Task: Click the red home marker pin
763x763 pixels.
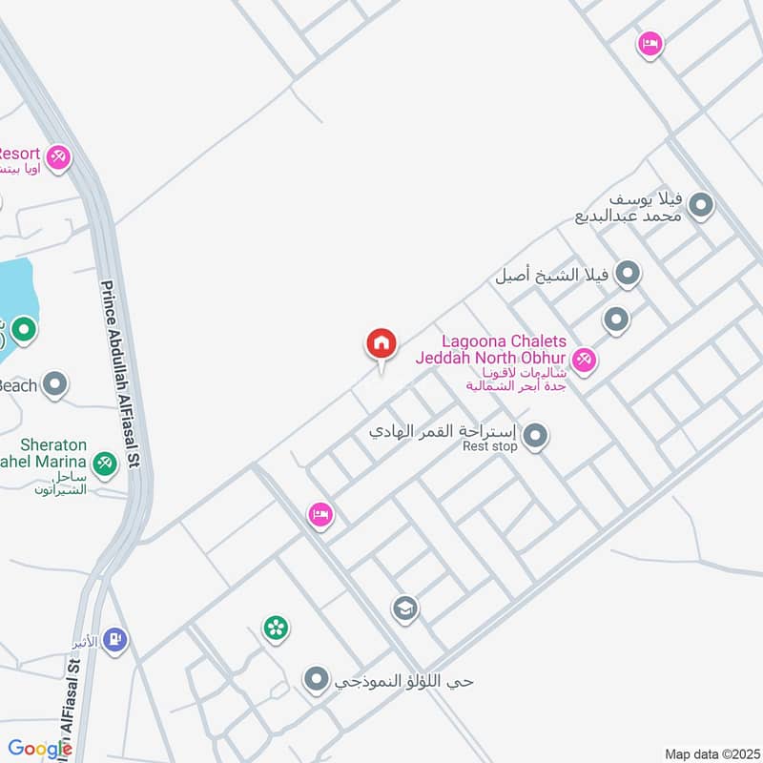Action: pyautogui.click(x=381, y=344)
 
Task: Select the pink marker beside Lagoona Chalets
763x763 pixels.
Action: pyautogui.click(x=586, y=360)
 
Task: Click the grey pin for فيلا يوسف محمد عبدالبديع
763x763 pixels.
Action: pyautogui.click(x=702, y=205)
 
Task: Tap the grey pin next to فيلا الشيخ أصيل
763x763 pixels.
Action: pyautogui.click(x=628, y=275)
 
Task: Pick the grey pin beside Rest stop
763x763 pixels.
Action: pyautogui.click(x=536, y=438)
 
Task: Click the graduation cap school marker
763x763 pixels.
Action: pyautogui.click(x=405, y=608)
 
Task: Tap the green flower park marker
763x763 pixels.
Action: pyautogui.click(x=276, y=628)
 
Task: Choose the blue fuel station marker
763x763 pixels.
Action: pyautogui.click(x=116, y=639)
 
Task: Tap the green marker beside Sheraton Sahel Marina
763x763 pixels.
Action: pyautogui.click(x=105, y=464)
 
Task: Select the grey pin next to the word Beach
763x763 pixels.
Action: pyautogui.click(x=56, y=385)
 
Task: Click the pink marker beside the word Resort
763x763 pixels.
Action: pyautogui.click(x=58, y=156)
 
